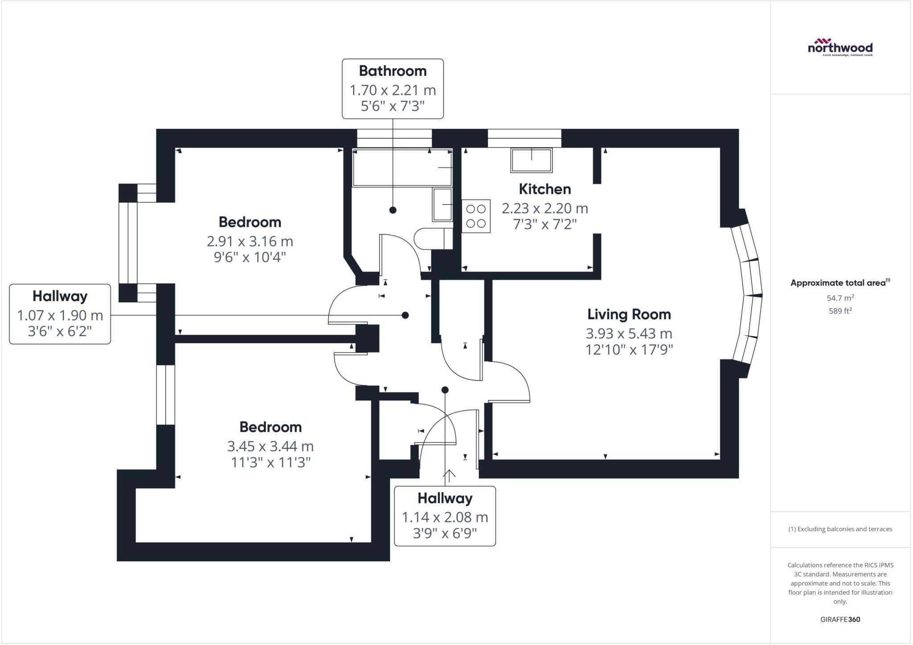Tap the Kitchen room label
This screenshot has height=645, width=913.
545,189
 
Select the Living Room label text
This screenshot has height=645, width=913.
629,314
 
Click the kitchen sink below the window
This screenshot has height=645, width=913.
531,160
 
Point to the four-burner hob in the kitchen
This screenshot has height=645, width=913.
476,216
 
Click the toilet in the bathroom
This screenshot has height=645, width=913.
432,239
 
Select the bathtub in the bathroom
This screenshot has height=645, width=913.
402,168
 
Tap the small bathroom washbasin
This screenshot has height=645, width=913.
442,205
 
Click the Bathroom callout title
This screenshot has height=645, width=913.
392,71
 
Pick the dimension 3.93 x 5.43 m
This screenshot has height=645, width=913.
629,333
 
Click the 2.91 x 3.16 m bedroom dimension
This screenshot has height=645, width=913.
250,242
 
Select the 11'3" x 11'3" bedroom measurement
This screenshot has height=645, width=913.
270,463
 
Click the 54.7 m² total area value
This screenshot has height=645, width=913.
840,298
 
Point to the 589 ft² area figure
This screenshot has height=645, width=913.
840,311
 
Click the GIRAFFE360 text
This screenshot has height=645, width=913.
840,619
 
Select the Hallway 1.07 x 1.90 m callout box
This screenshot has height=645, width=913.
60,314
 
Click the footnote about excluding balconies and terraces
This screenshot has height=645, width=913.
840,529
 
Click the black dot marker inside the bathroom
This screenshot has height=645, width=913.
392,210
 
